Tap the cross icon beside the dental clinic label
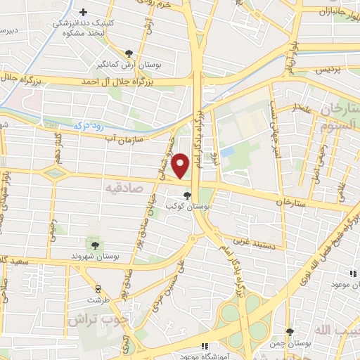click(84, 12)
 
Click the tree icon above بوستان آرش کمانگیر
click(129, 53)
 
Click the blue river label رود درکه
click(87, 125)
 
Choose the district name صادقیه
click(124, 188)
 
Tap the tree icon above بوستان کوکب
click(186, 195)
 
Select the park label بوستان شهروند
click(94, 257)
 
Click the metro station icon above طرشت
click(97, 288)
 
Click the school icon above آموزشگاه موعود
click(205, 346)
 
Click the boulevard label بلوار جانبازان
click(333, 12)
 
